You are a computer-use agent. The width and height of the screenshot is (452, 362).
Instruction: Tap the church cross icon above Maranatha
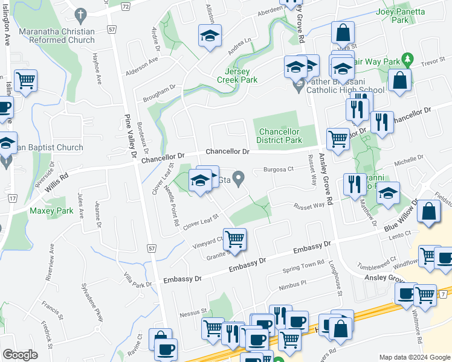tap(80, 13)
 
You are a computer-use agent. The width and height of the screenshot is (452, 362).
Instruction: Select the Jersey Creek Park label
tap(237, 75)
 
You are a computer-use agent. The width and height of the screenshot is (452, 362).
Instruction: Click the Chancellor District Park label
tap(280, 136)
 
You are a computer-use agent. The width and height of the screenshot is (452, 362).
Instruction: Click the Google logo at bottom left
tap(20, 355)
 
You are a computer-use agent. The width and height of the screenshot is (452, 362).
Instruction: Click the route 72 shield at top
tap(125, 5)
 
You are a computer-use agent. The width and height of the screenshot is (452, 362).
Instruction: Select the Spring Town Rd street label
tap(304, 266)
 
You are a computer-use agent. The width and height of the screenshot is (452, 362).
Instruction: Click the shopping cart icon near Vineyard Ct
tap(234, 238)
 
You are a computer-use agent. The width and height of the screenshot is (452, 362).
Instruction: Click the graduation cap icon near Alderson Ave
tap(210, 36)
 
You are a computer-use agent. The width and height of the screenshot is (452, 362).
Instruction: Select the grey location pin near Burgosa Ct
tap(239, 178)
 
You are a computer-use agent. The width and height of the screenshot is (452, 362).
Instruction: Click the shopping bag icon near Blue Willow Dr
tap(428, 212)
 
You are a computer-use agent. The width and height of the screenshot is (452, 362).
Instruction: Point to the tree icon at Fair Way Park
tap(408, 59)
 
